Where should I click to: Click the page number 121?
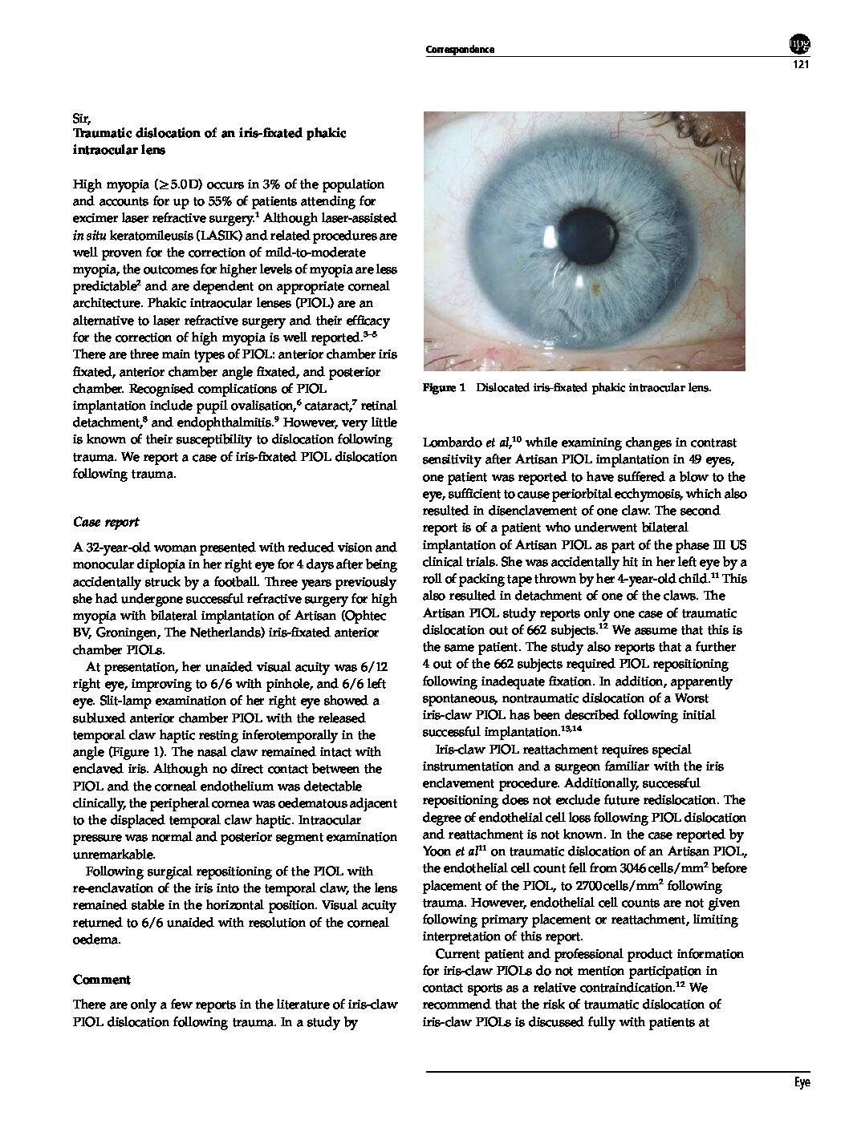[798, 65]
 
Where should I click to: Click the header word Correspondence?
[459, 50]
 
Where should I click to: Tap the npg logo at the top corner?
[799, 43]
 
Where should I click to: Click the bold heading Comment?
[101, 980]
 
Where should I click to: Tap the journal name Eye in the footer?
[802, 1082]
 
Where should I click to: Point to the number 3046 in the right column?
[627, 870]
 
